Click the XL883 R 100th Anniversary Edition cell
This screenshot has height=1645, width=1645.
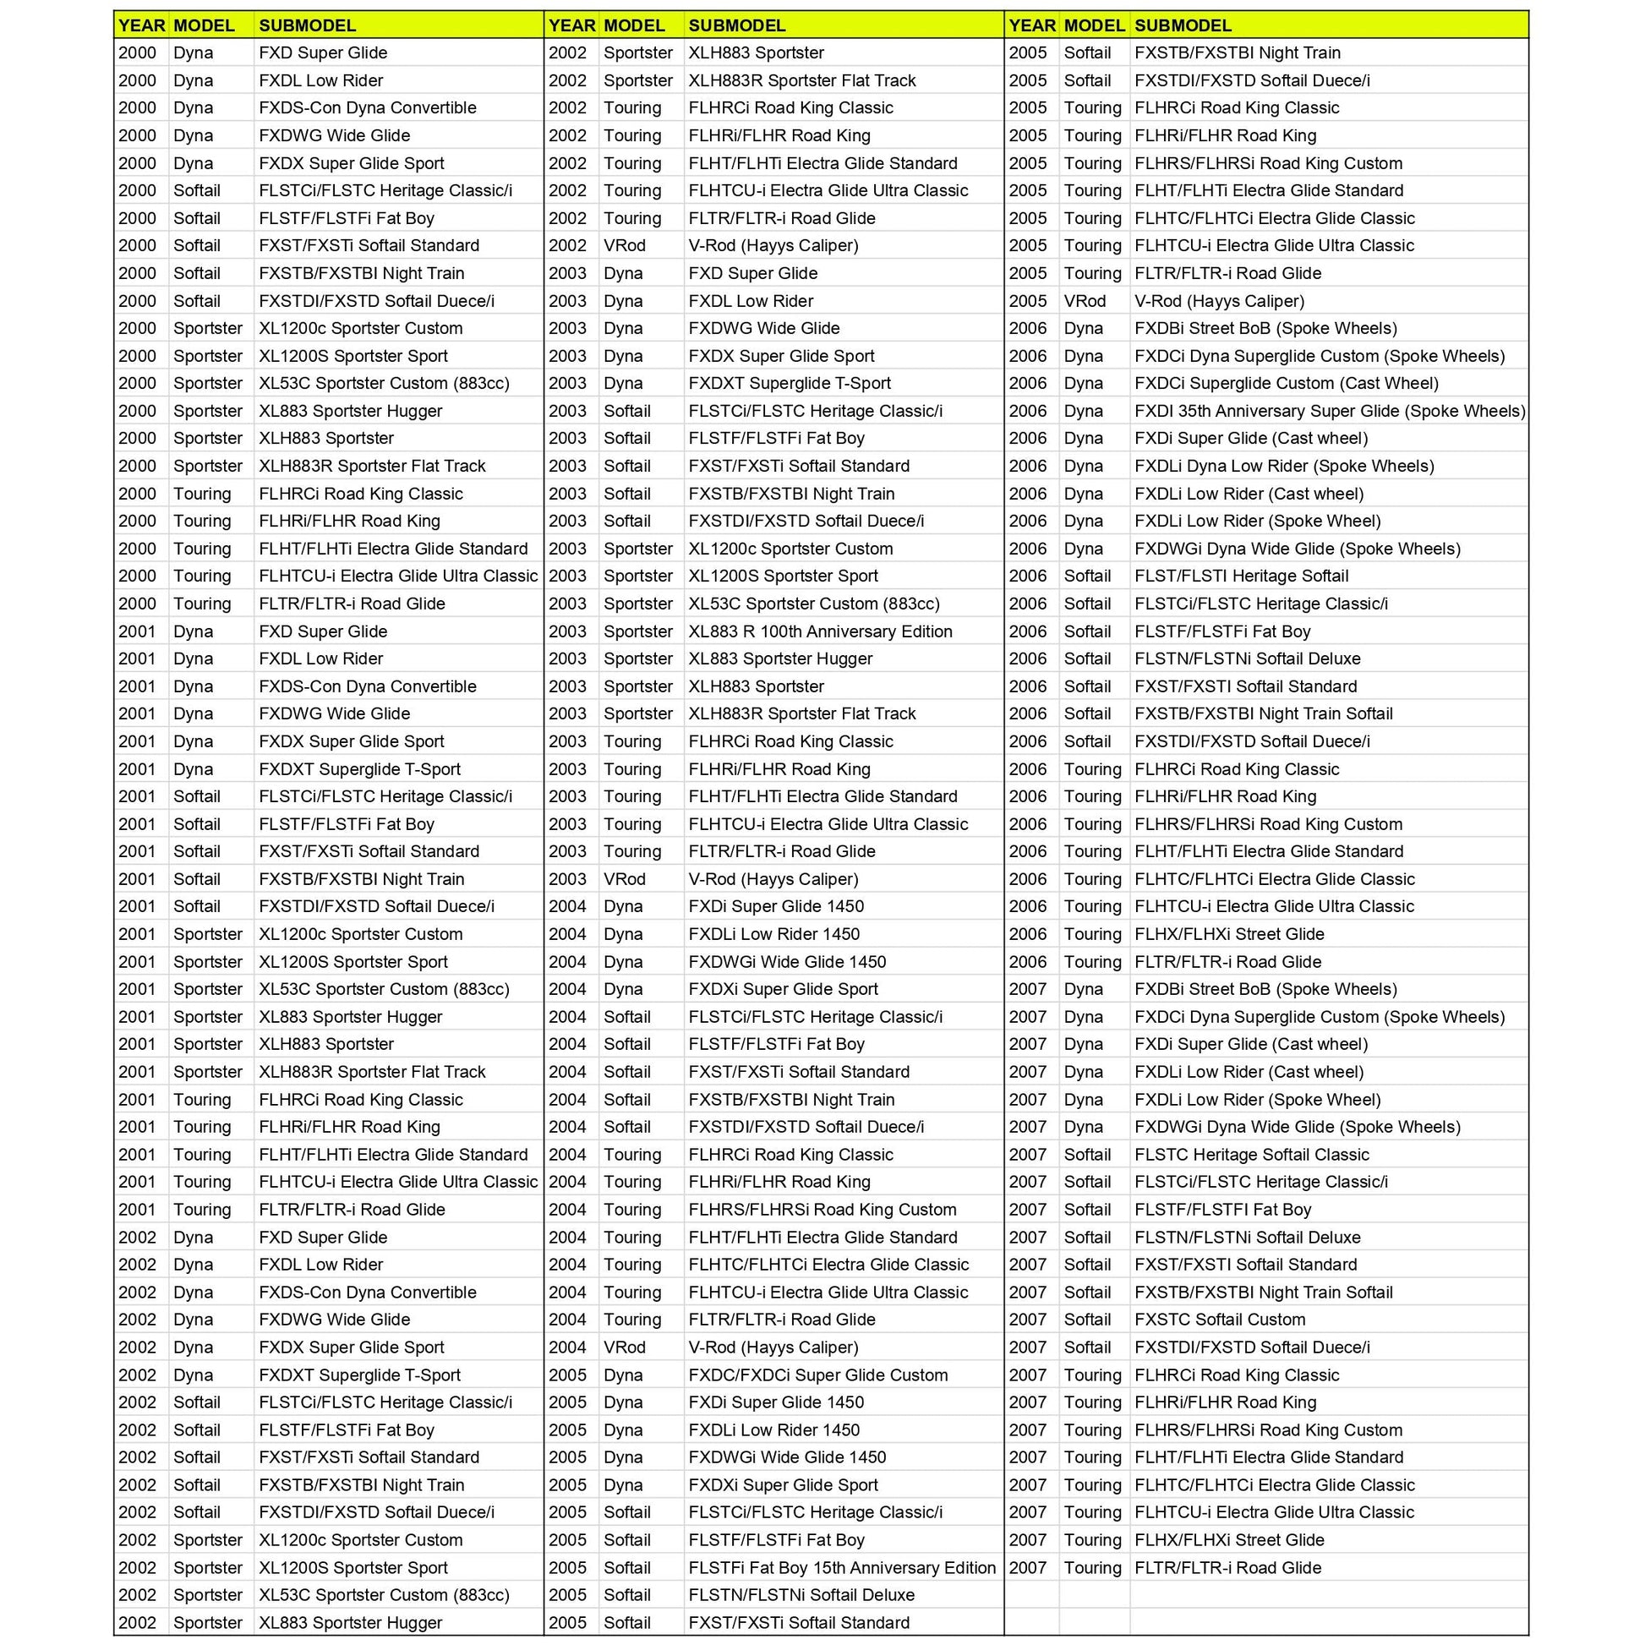tap(820, 631)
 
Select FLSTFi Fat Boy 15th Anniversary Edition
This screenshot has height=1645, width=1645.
tap(841, 1567)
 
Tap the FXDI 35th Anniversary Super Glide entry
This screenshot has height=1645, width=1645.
tap(1329, 410)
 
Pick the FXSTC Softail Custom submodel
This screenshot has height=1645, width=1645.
tap(1219, 1319)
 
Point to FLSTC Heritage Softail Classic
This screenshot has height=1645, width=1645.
tap(1252, 1155)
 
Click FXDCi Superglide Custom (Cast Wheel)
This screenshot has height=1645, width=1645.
tap(1286, 383)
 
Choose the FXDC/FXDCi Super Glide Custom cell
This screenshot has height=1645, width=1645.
tap(817, 1374)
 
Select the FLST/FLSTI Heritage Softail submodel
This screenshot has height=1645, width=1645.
tap(1242, 576)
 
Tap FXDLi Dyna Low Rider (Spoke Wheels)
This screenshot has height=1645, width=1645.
tap(1284, 466)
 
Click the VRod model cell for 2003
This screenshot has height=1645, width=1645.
tap(624, 878)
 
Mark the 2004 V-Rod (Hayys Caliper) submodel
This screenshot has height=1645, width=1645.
tap(773, 1347)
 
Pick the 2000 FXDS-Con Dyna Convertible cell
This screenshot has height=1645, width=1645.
tap(367, 107)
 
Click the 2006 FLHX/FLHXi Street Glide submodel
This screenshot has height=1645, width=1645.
tap(1228, 934)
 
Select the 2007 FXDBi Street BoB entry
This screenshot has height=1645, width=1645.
tap(1265, 988)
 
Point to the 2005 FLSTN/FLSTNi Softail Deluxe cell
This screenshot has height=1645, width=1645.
tap(801, 1595)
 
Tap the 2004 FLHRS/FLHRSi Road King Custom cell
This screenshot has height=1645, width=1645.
tap(822, 1209)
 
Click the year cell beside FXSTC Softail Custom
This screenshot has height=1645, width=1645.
tap(1027, 1319)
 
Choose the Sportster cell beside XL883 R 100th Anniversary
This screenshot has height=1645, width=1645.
tap(637, 631)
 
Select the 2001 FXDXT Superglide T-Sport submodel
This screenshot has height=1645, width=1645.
tap(359, 769)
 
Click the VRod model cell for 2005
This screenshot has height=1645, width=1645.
tap(1085, 301)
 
